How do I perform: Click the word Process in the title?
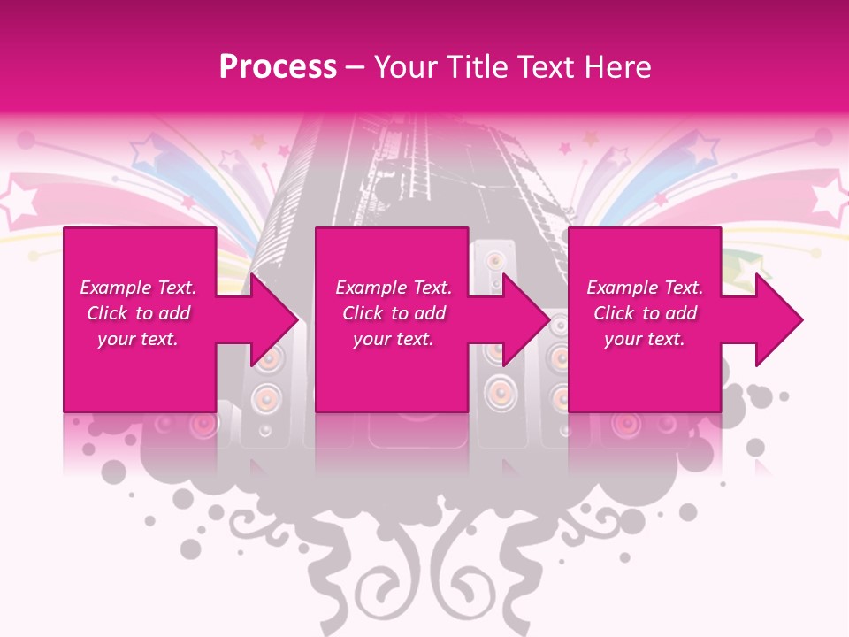point(278,67)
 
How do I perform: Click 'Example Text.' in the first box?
point(138,288)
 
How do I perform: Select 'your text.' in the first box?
point(138,339)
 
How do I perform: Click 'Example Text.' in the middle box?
point(394,288)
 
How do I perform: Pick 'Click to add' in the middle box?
point(394,313)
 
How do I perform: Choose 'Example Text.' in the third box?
point(645,288)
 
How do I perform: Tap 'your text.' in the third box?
point(645,339)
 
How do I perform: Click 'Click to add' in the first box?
point(138,313)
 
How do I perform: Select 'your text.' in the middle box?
point(394,339)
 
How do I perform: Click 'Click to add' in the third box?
point(645,313)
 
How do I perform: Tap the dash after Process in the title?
point(355,68)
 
